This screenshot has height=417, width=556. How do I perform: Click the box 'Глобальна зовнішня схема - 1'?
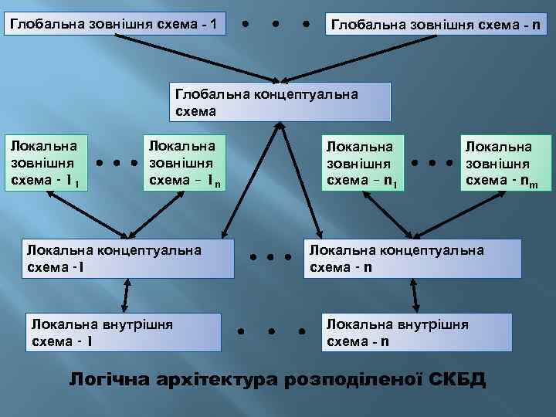(116, 24)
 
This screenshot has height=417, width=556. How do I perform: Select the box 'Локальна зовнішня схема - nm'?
(507, 164)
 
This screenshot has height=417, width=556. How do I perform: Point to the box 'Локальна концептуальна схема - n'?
(410, 258)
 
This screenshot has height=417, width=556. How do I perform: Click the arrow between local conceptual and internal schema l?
(125, 295)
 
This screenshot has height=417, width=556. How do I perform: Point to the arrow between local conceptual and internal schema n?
(415, 295)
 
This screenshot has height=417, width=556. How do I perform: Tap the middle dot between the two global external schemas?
(276, 23)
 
